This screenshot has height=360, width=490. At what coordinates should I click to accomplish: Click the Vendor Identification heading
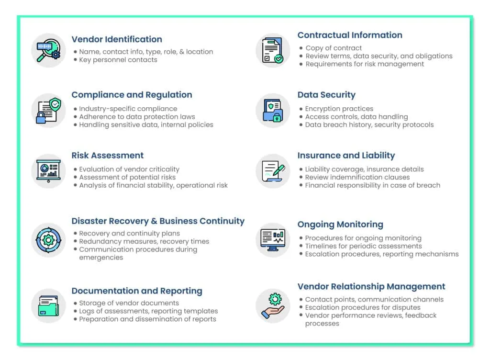pyautogui.click(x=117, y=39)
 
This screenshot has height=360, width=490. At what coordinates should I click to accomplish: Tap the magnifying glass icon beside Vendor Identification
pyautogui.click(x=48, y=50)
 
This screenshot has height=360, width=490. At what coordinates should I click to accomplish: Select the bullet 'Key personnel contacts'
pyautogui.click(x=118, y=60)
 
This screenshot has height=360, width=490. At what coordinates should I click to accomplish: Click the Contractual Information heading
pyautogui.click(x=350, y=35)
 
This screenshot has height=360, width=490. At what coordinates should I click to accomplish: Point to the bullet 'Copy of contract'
pyautogui.click(x=334, y=48)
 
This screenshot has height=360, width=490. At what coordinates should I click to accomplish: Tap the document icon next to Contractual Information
pyautogui.click(x=273, y=50)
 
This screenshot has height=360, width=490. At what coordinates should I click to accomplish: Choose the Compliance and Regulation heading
pyautogui.click(x=132, y=95)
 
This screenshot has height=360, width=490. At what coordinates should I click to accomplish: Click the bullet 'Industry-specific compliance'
pyautogui.click(x=128, y=109)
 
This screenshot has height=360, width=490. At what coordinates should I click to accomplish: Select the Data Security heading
pyautogui.click(x=326, y=95)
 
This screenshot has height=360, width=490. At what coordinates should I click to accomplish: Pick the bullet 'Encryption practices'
pyautogui.click(x=339, y=109)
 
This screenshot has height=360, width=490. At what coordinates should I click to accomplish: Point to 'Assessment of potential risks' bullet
pyautogui.click(x=127, y=177)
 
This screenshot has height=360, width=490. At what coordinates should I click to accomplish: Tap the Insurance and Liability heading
pyautogui.click(x=346, y=155)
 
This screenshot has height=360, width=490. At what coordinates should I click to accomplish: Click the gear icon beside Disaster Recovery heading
pyautogui.click(x=48, y=239)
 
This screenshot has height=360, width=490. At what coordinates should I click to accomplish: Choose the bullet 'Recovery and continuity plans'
pyautogui.click(x=129, y=234)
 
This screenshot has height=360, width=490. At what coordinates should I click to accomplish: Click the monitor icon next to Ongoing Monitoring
pyautogui.click(x=273, y=239)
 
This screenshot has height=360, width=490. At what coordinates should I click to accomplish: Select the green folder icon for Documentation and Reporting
pyautogui.click(x=48, y=305)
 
